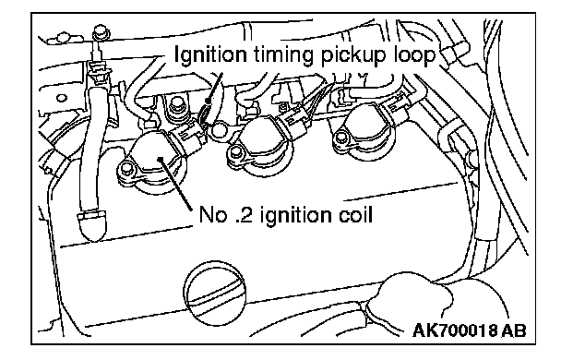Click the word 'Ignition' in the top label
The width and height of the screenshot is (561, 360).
tap(210, 55)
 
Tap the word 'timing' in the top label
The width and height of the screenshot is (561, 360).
tap(283, 55)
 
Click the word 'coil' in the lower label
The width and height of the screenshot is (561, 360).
tap(356, 214)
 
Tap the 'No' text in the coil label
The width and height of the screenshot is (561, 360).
tap(212, 215)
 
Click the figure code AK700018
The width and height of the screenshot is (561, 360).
tap(455, 330)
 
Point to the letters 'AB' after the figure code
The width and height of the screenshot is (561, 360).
tap(513, 330)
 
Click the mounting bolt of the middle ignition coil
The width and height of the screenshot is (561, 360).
tap(235, 153)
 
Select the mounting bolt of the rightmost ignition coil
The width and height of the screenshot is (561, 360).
tap(340, 138)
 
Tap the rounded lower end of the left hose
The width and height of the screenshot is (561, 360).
tap(92, 225)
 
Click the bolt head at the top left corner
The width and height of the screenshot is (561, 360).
tap(101, 33)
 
